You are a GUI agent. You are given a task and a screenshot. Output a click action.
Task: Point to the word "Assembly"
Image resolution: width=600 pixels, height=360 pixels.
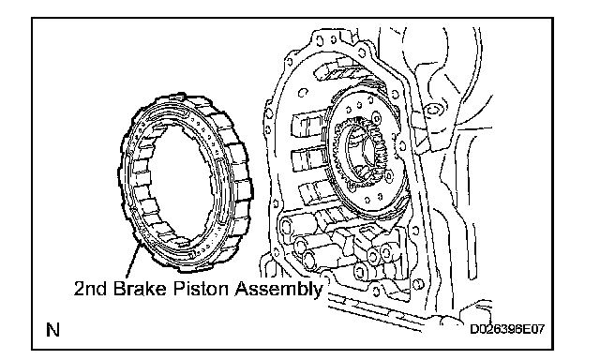(x=278, y=290)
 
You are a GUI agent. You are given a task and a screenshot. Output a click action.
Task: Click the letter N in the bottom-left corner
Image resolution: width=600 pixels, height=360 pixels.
(x=52, y=330)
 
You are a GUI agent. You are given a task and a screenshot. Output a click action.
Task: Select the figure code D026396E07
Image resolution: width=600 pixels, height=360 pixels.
(x=506, y=329)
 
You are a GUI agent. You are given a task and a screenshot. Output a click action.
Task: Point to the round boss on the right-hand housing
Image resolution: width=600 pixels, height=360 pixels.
(x=433, y=111)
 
